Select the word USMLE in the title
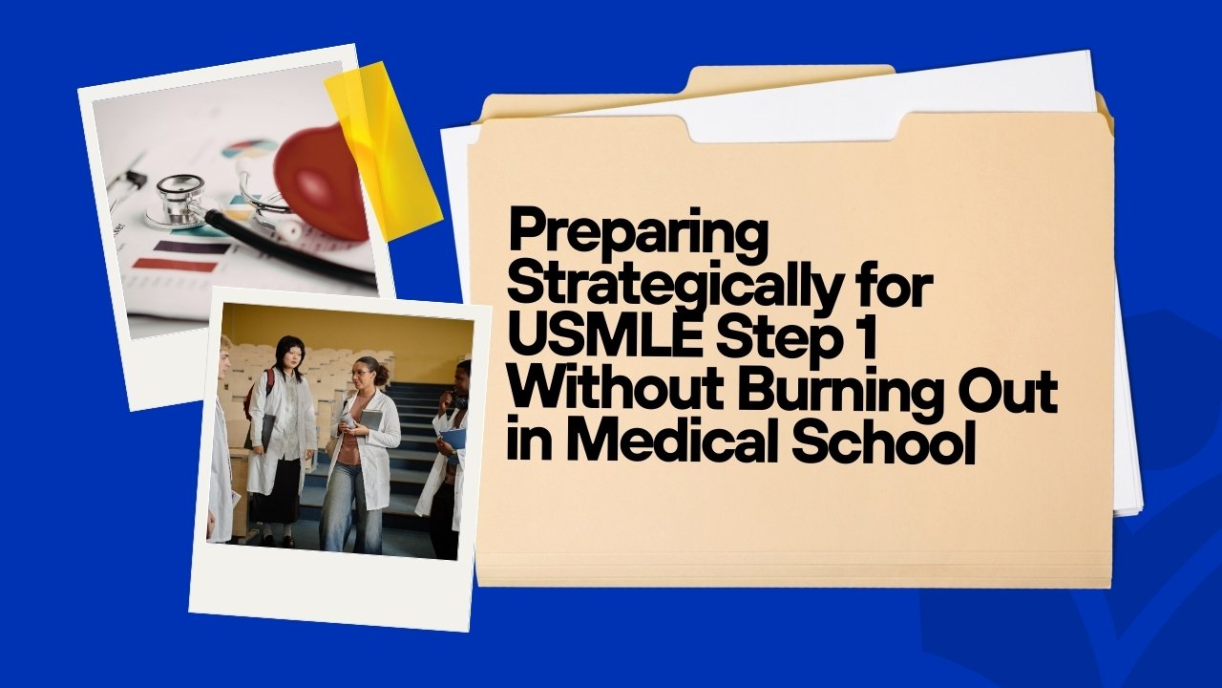pos(605,338)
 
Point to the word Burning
pos(831,393)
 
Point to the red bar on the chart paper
pos(175,267)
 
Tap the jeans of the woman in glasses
pos(352,506)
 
